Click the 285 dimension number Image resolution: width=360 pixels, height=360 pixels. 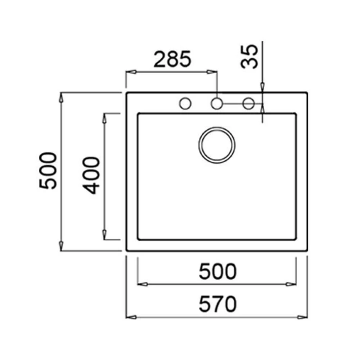click(x=172, y=59)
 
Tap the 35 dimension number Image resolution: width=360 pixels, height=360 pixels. click(x=249, y=57)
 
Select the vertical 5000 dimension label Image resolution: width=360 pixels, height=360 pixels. click(x=48, y=171)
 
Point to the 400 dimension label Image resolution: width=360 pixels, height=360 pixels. click(x=91, y=175)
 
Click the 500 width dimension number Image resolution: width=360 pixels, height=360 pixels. click(x=217, y=271)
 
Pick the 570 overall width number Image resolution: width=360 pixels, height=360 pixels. click(x=217, y=304)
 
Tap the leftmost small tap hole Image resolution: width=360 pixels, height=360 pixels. click(x=185, y=104)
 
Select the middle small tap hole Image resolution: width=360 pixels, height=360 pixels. click(x=217, y=104)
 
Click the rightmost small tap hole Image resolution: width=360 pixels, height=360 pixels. click(x=248, y=104)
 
